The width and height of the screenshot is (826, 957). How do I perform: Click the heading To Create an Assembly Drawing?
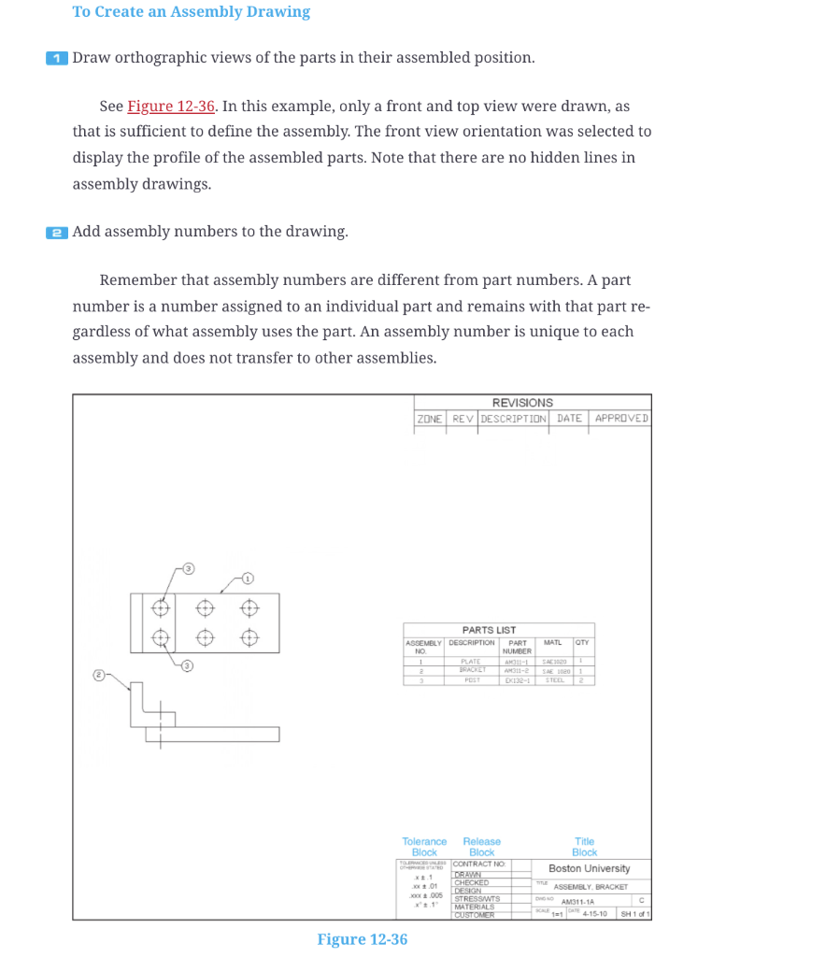[x=192, y=12]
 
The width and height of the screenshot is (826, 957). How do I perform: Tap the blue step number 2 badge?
[x=57, y=232]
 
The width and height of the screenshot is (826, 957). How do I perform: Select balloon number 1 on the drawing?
[x=248, y=577]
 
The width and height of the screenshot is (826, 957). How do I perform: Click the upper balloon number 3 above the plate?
[x=188, y=568]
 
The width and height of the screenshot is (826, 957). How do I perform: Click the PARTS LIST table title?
[x=489, y=630]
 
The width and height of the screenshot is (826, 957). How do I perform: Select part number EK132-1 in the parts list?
[x=518, y=679]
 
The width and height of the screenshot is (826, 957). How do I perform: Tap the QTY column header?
[x=582, y=643]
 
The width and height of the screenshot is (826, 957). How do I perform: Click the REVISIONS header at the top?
[x=522, y=403]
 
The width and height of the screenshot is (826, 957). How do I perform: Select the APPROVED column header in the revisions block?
[x=620, y=418]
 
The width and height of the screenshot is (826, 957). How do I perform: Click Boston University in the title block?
[x=589, y=868]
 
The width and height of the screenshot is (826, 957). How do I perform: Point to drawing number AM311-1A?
[x=579, y=902]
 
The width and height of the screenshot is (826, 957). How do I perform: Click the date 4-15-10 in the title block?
[x=596, y=913]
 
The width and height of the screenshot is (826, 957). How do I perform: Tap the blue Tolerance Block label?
[x=424, y=847]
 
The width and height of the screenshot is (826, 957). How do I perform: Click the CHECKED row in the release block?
[x=470, y=882]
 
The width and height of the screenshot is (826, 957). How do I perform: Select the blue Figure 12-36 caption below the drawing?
[x=362, y=939]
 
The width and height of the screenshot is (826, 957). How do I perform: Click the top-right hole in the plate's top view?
[x=249, y=607]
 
